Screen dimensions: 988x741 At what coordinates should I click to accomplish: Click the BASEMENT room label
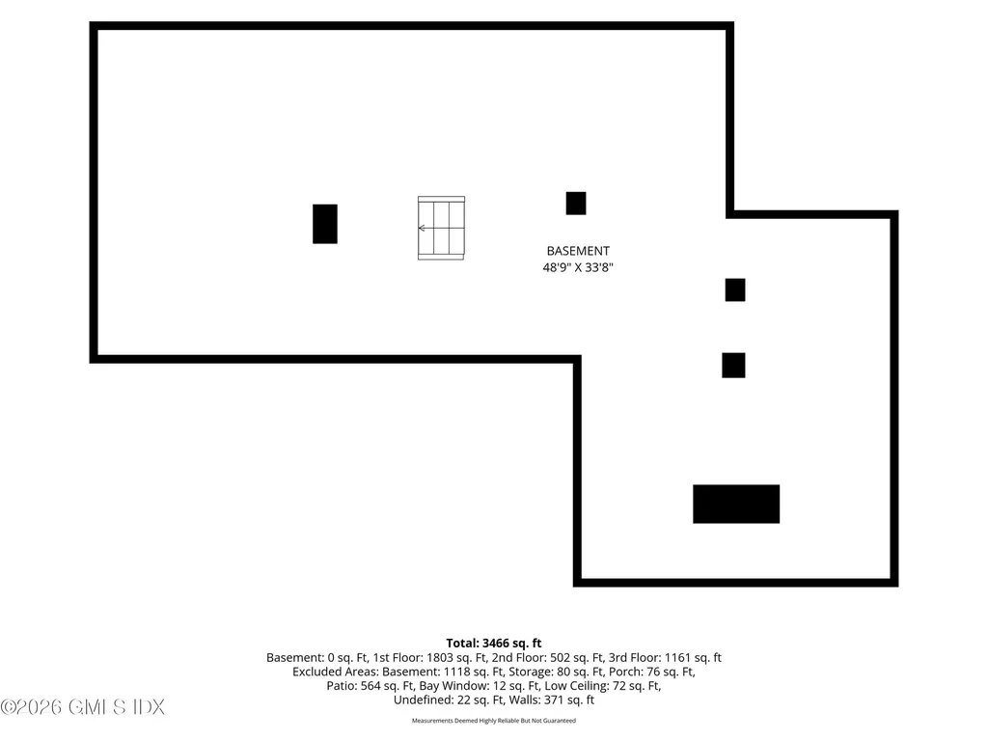[x=578, y=251]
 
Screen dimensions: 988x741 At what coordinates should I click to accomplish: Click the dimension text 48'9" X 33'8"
[x=578, y=267]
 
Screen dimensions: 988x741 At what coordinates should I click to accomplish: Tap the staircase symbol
[x=441, y=228]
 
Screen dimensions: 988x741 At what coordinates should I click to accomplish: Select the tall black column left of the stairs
[x=325, y=224]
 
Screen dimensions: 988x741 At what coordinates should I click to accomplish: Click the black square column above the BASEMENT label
[x=576, y=204]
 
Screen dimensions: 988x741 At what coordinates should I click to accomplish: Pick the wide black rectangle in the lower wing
[x=736, y=504]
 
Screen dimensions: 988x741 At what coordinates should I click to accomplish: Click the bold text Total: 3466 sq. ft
[x=494, y=644]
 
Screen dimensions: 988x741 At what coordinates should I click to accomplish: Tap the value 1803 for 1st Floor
[x=440, y=658]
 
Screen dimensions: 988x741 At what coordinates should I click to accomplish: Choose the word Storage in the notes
[x=531, y=672]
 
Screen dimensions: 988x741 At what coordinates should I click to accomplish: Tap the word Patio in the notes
[x=341, y=686]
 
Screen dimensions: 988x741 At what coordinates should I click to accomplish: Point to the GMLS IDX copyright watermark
[x=83, y=707]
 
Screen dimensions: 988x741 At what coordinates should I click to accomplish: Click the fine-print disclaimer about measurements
[x=494, y=720]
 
